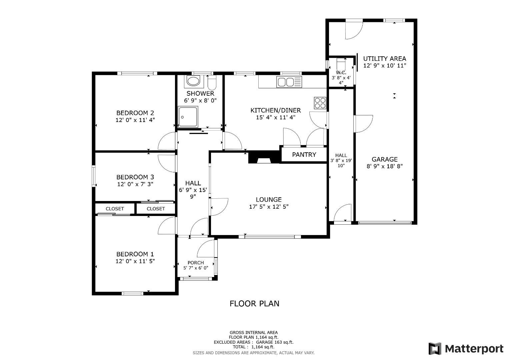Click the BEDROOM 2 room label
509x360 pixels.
(x=135, y=113)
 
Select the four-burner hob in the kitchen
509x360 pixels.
(x=320, y=103)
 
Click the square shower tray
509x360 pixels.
(x=188, y=117)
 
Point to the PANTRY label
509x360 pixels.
(x=304, y=155)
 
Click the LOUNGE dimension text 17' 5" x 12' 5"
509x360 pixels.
(x=269, y=207)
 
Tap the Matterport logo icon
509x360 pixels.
(x=435, y=349)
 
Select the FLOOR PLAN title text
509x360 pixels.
(x=254, y=304)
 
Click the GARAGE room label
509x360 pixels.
(x=385, y=159)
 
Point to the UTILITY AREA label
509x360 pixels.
(x=385, y=59)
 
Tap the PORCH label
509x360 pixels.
(x=196, y=263)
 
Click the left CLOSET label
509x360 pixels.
(x=115, y=209)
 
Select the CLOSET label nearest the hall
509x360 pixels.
(x=156, y=209)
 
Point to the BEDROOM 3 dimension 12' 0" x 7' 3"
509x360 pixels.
(x=135, y=184)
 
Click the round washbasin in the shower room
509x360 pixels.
(x=192, y=81)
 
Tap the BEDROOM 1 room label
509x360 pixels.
(x=135, y=254)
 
